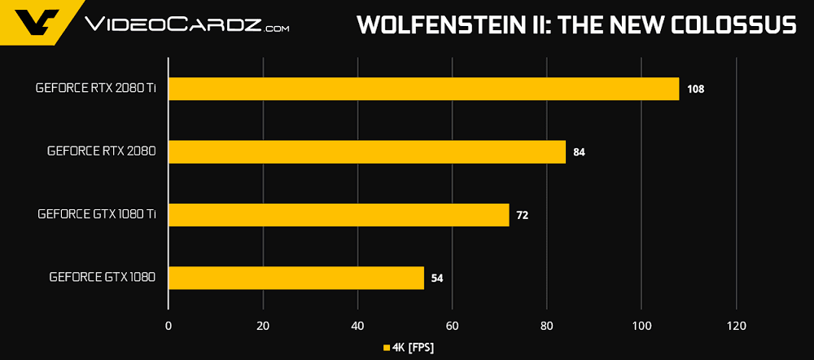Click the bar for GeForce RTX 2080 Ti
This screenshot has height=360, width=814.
pos(423,89)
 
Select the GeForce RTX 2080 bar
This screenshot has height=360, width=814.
pos(366,151)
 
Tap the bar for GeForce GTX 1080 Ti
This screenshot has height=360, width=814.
pos(338,215)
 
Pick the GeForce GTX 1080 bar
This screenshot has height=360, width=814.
pos(295,278)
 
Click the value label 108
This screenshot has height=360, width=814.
pos(695,89)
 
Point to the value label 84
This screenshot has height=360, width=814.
pos(580,151)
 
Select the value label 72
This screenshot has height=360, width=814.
pos(523,215)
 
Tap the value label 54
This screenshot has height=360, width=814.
pos(437,278)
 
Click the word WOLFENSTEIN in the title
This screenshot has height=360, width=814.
pos(433,25)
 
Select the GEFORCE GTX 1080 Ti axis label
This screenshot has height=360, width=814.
pos(96,215)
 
